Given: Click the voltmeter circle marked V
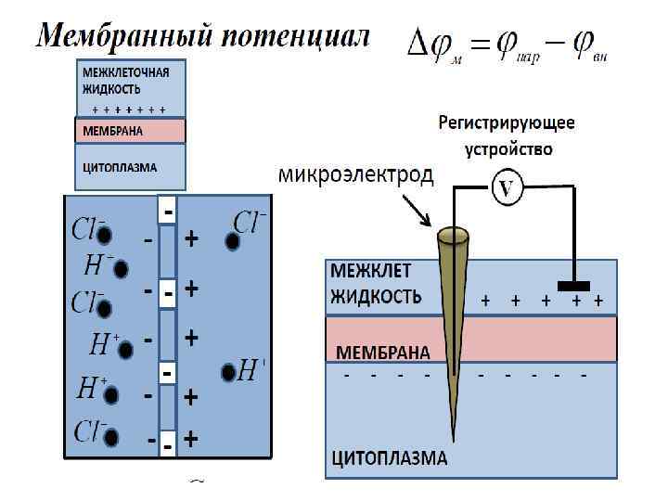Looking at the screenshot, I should [506, 188].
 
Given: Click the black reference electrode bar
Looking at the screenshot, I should [574, 284].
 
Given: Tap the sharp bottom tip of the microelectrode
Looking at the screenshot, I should [453, 437].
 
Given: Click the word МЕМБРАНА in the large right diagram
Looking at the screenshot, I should [382, 353].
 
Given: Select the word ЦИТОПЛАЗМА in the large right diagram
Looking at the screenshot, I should [390, 457].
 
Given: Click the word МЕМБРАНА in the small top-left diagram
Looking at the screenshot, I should [113, 131].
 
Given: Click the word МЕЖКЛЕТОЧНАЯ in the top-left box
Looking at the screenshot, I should [128, 72].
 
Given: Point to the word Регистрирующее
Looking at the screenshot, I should [507, 122].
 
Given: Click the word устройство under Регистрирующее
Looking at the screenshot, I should [507, 148].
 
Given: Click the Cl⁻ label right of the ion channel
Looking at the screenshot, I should [250, 222].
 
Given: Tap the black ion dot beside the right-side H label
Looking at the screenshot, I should [227, 373].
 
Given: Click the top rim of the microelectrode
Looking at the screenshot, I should [453, 235].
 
